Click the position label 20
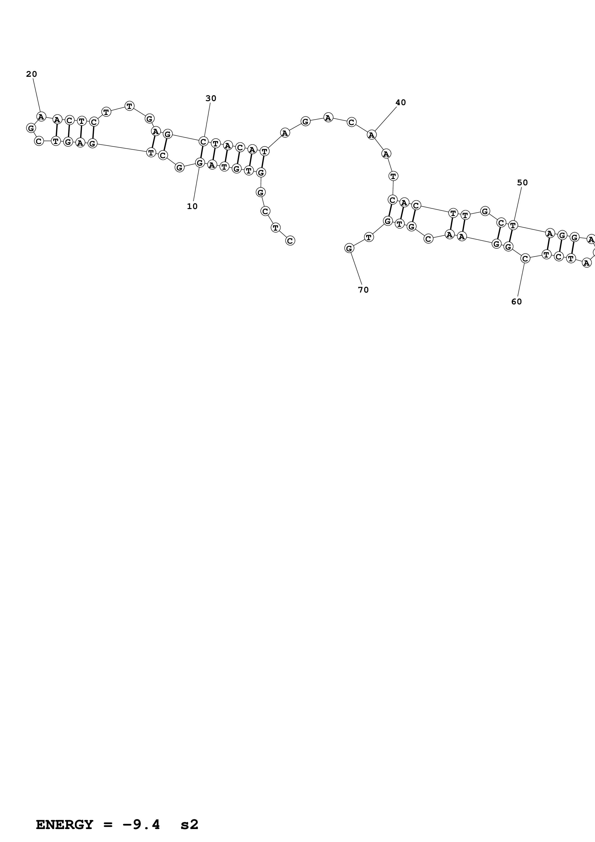pyautogui.click(x=31, y=74)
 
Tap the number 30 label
pyautogui.click(x=211, y=98)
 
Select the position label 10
pyautogui.click(x=192, y=206)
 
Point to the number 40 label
pyautogui.click(x=401, y=103)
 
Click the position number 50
pyautogui.click(x=523, y=183)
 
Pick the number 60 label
pyautogui.click(x=517, y=301)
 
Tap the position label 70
pyautogui.click(x=363, y=290)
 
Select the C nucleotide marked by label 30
pyautogui.click(x=204, y=141)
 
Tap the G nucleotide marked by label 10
pyautogui.click(x=200, y=162)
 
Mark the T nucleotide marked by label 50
pyautogui.click(x=513, y=225)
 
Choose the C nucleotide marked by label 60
pyautogui.click(x=525, y=259)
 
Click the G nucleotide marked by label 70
pyautogui.click(x=349, y=248)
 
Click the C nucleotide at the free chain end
pyautogui.click(x=290, y=241)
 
